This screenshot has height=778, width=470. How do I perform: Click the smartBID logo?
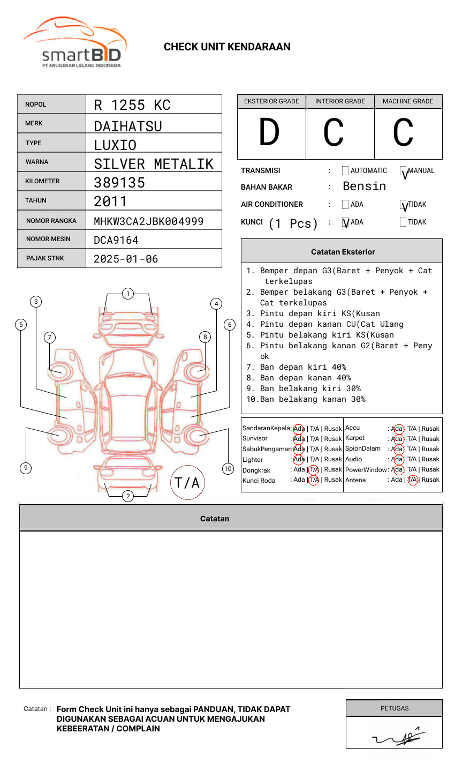point(75,43)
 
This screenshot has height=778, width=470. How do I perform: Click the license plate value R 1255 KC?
point(132,105)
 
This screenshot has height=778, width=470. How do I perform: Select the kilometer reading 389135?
point(119,183)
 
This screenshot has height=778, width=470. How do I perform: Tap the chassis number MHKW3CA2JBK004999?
point(148,221)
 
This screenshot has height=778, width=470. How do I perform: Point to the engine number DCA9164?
point(116,240)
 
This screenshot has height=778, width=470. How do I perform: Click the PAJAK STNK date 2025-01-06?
point(126,259)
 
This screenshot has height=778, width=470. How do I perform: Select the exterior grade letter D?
point(269,133)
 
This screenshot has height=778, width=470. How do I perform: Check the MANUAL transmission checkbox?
point(403,171)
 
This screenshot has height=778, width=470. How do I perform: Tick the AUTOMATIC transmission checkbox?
point(345,171)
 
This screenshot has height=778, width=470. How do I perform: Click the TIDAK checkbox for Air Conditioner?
point(403,205)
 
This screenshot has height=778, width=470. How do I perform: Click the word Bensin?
point(364,186)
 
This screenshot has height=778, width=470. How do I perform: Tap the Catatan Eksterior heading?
point(343,252)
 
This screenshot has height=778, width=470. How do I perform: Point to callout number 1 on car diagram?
point(127,294)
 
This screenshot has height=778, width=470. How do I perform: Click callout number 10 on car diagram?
point(228,469)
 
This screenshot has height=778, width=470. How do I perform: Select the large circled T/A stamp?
point(187,483)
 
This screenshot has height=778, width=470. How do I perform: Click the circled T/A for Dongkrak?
point(314,469)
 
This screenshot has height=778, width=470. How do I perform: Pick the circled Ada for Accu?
point(397,429)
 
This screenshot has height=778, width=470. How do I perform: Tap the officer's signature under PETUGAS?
point(397,738)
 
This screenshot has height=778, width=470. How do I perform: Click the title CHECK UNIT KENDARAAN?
point(227,47)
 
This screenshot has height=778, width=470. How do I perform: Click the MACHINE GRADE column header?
point(408,101)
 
